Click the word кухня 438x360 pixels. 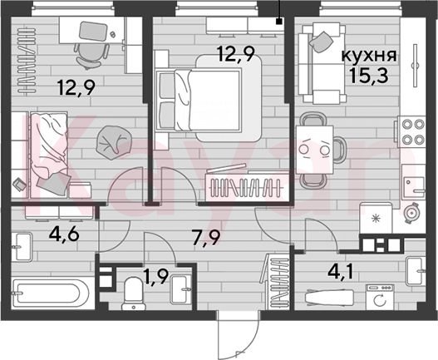click(369, 57)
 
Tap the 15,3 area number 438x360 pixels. click(368, 76)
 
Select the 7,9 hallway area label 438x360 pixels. click(207, 237)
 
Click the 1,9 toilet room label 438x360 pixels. click(156, 278)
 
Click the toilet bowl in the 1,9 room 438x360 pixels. click(134, 293)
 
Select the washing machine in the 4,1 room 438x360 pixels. click(380, 297)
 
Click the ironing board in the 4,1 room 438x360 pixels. click(329, 297)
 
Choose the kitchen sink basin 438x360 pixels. click(414, 183)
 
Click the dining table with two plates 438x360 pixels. click(314, 150)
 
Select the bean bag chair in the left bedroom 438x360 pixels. click(113, 142)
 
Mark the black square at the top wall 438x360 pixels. click(278, 22)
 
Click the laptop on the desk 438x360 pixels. click(93, 31)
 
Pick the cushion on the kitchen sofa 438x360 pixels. click(322, 42)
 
